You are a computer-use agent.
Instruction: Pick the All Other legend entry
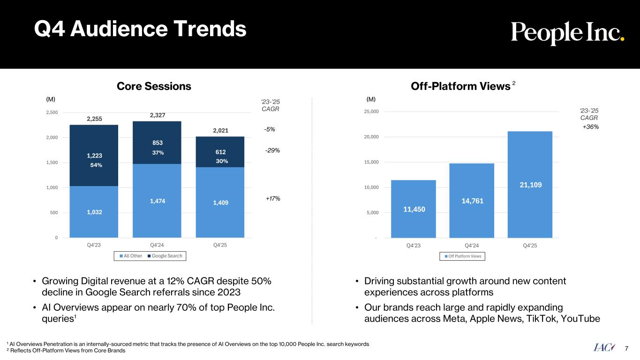(131, 256)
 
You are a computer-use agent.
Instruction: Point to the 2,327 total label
(157, 115)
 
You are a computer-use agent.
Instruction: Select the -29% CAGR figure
(272, 150)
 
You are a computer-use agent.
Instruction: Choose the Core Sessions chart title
(154, 86)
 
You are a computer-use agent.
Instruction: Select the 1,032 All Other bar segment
(94, 212)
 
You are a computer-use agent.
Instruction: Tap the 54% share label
(96, 165)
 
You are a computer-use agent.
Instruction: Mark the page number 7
(627, 347)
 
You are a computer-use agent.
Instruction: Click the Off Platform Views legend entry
(462, 256)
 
